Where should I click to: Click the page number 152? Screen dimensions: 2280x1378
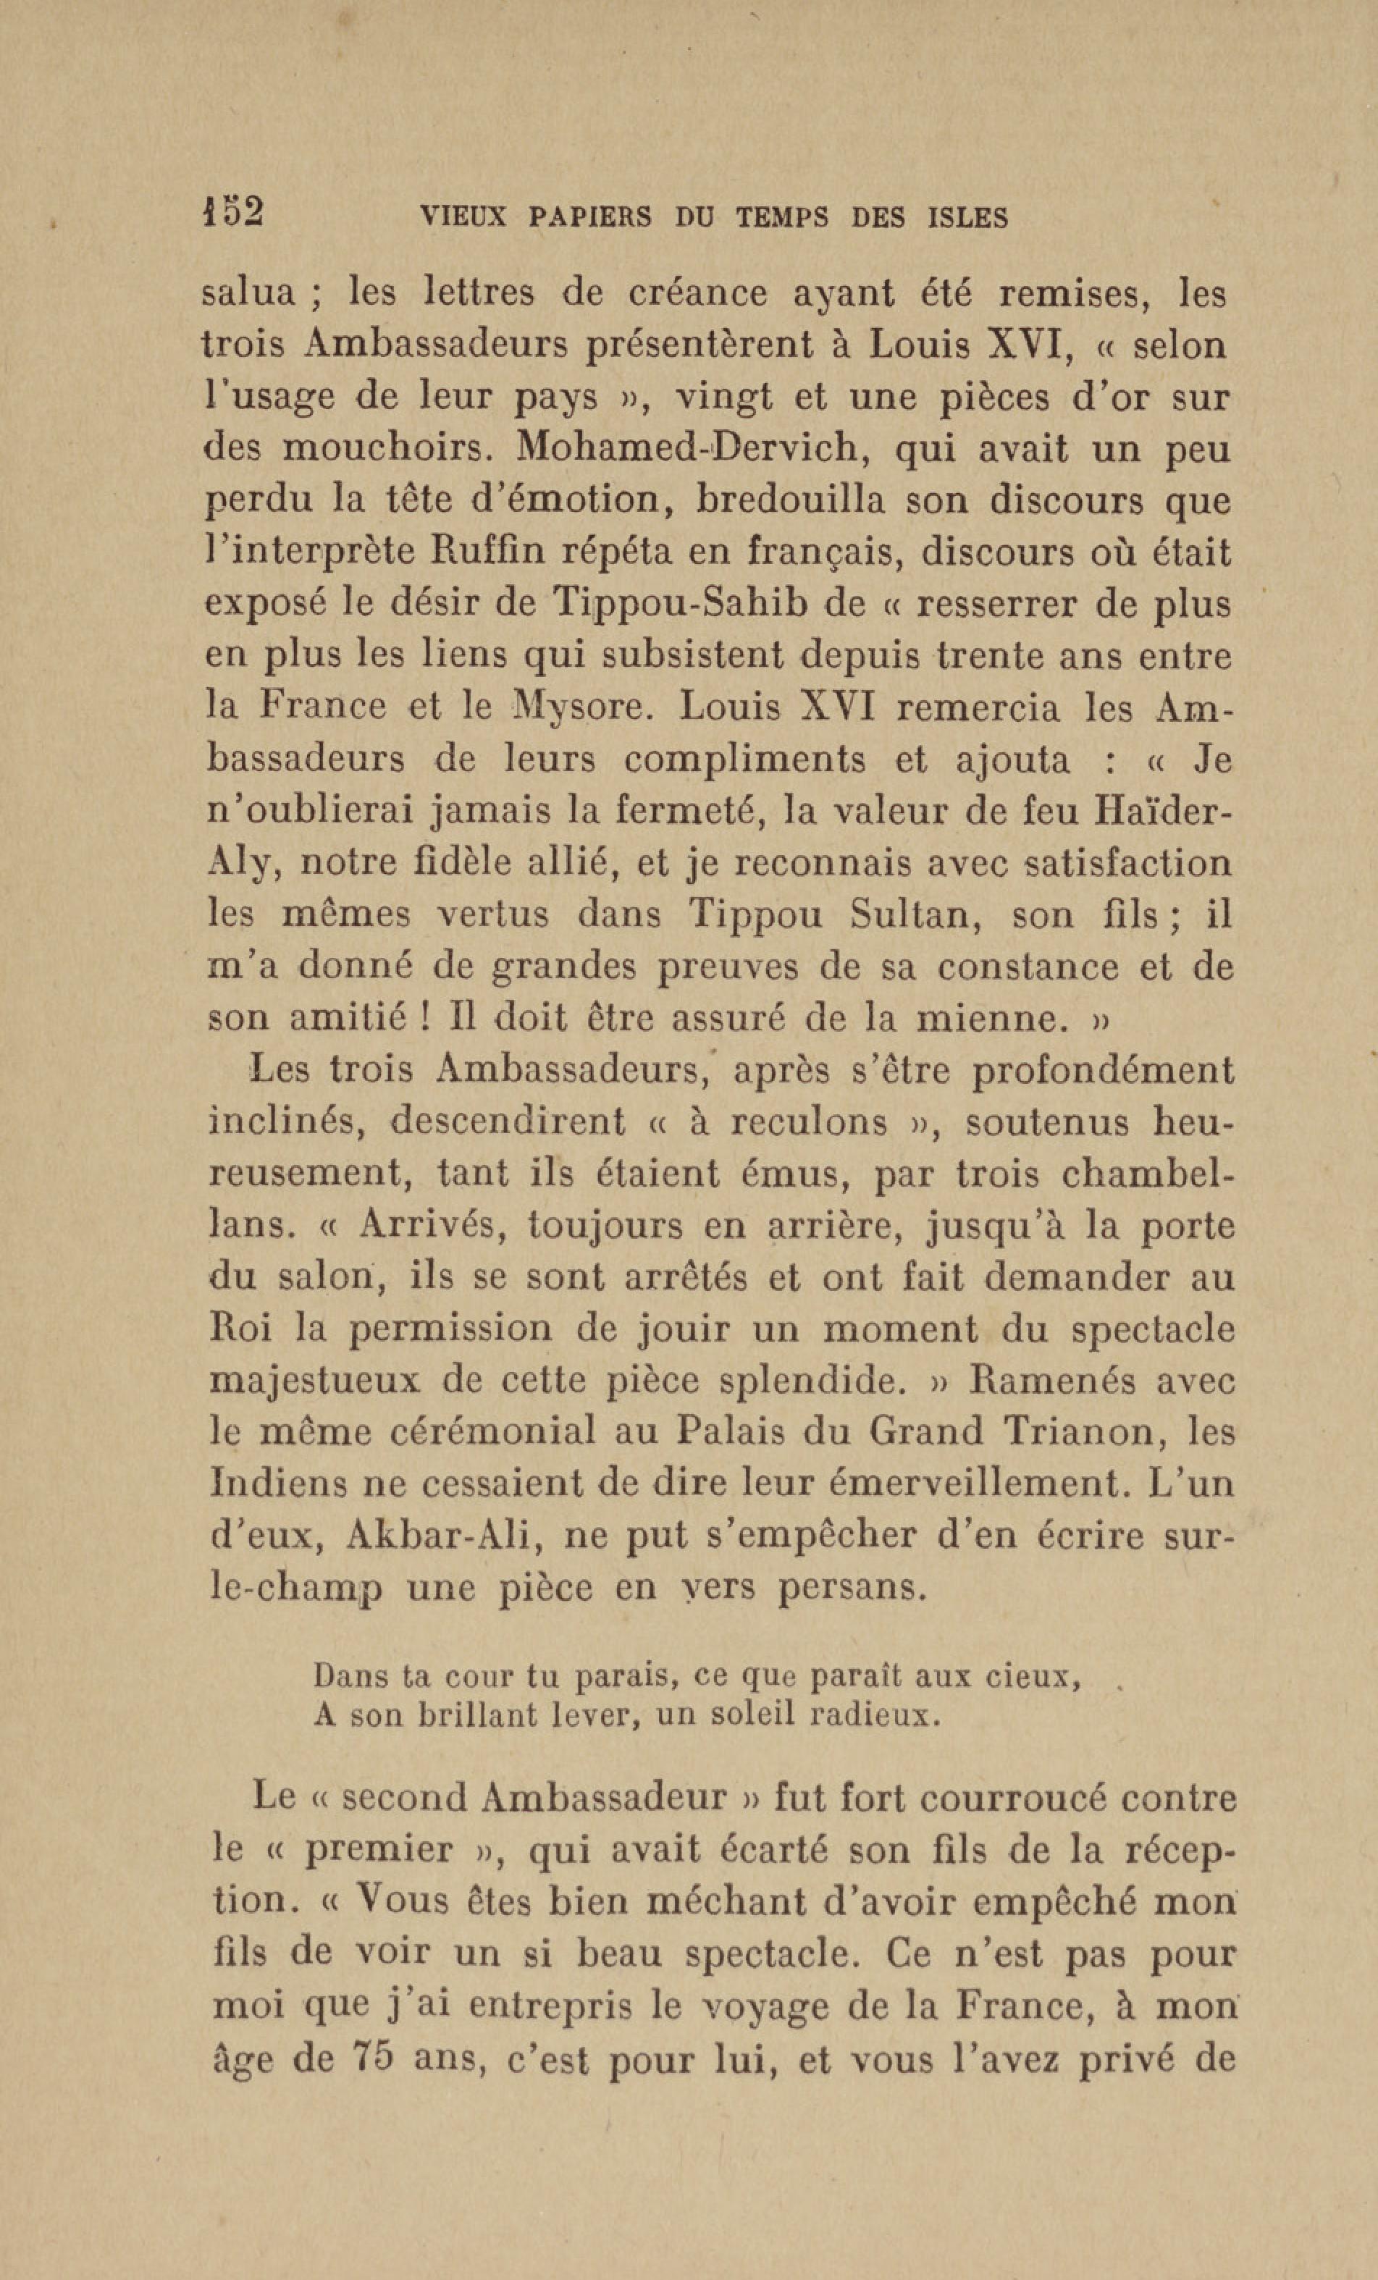coord(233,213)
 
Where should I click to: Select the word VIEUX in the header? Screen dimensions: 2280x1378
coord(463,219)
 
